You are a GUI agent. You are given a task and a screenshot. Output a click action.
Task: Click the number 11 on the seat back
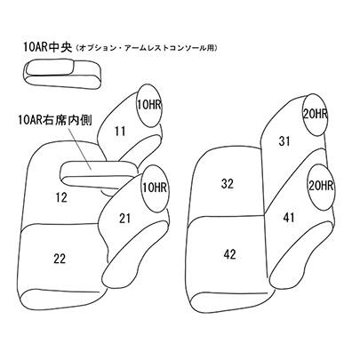120,131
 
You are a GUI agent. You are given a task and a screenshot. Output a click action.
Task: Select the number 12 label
61,197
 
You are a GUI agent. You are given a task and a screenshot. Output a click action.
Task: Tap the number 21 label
124,219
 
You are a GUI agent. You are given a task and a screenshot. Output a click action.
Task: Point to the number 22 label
60,259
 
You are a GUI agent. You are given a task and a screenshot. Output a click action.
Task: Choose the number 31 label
284,141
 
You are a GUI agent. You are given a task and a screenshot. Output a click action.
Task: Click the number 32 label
228,184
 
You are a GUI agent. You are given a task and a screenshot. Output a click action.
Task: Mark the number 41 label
289,218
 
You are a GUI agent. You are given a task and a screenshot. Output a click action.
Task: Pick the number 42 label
229,254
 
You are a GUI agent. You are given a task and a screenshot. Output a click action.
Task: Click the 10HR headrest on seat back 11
149,105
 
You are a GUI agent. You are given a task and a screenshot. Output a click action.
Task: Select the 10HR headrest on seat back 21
155,188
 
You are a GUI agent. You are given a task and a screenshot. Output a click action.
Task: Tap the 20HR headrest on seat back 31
315,115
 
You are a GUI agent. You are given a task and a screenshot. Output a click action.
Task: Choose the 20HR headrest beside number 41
321,186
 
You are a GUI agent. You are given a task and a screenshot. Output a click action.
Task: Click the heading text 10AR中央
47,48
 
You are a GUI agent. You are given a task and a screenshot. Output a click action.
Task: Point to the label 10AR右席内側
55,120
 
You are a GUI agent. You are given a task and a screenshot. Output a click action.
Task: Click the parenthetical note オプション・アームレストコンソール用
147,48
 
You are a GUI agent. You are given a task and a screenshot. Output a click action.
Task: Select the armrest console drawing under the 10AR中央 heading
64,74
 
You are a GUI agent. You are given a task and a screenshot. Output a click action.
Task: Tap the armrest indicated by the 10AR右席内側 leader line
100,175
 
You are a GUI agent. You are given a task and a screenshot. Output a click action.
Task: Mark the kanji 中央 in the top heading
60,48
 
